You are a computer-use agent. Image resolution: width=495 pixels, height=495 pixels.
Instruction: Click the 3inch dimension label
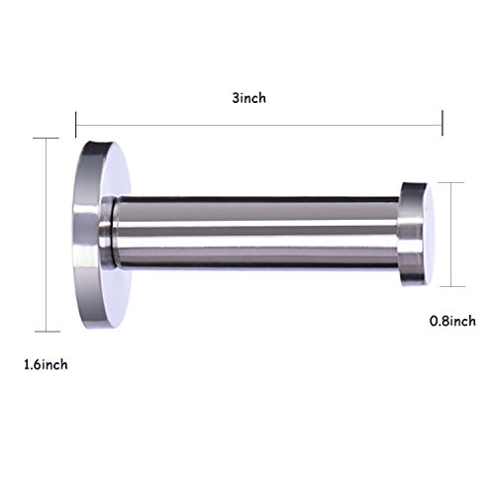click(248, 98)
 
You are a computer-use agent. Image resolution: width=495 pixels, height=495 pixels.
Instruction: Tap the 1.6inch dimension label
click(46, 364)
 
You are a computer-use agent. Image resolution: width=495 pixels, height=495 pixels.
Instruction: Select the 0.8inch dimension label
click(452, 321)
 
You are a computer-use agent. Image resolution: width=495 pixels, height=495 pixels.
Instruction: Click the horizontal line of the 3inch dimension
click(259, 125)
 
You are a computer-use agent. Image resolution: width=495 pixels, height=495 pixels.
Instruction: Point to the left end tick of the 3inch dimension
click(76, 125)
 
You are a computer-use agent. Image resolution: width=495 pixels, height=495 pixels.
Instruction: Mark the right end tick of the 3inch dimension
click(443, 123)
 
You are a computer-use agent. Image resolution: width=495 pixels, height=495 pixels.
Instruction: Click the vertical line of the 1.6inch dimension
click(47, 235)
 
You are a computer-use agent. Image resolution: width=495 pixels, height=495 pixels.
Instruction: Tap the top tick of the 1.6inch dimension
click(46, 139)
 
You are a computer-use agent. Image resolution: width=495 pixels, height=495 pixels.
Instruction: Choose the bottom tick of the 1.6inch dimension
click(48, 332)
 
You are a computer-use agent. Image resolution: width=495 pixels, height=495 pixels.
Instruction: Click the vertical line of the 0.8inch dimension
click(451, 235)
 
